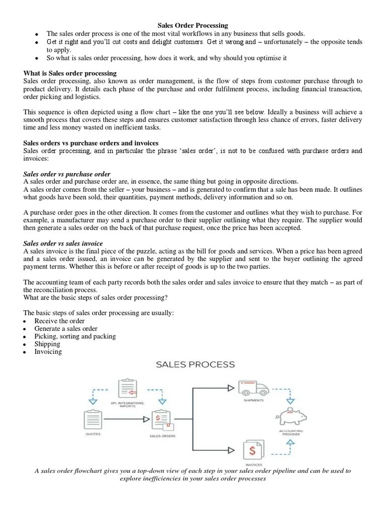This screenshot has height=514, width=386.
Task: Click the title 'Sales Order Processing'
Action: (193, 25)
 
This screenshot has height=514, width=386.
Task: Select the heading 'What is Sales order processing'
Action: (70, 73)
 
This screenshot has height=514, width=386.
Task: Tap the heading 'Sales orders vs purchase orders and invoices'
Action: (91, 143)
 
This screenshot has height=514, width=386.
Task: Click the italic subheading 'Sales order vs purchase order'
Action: (67, 174)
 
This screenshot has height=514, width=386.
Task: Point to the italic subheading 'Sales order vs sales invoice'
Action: (65, 243)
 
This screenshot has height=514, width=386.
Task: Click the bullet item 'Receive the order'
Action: (59, 321)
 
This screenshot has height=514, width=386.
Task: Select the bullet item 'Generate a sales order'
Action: (66, 329)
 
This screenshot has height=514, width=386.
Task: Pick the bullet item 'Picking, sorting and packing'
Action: (75, 336)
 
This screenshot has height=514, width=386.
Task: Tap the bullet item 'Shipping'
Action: (47, 344)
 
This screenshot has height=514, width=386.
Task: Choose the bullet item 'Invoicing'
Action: (48, 352)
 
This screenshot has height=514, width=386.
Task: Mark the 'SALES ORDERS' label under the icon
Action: (162, 436)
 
